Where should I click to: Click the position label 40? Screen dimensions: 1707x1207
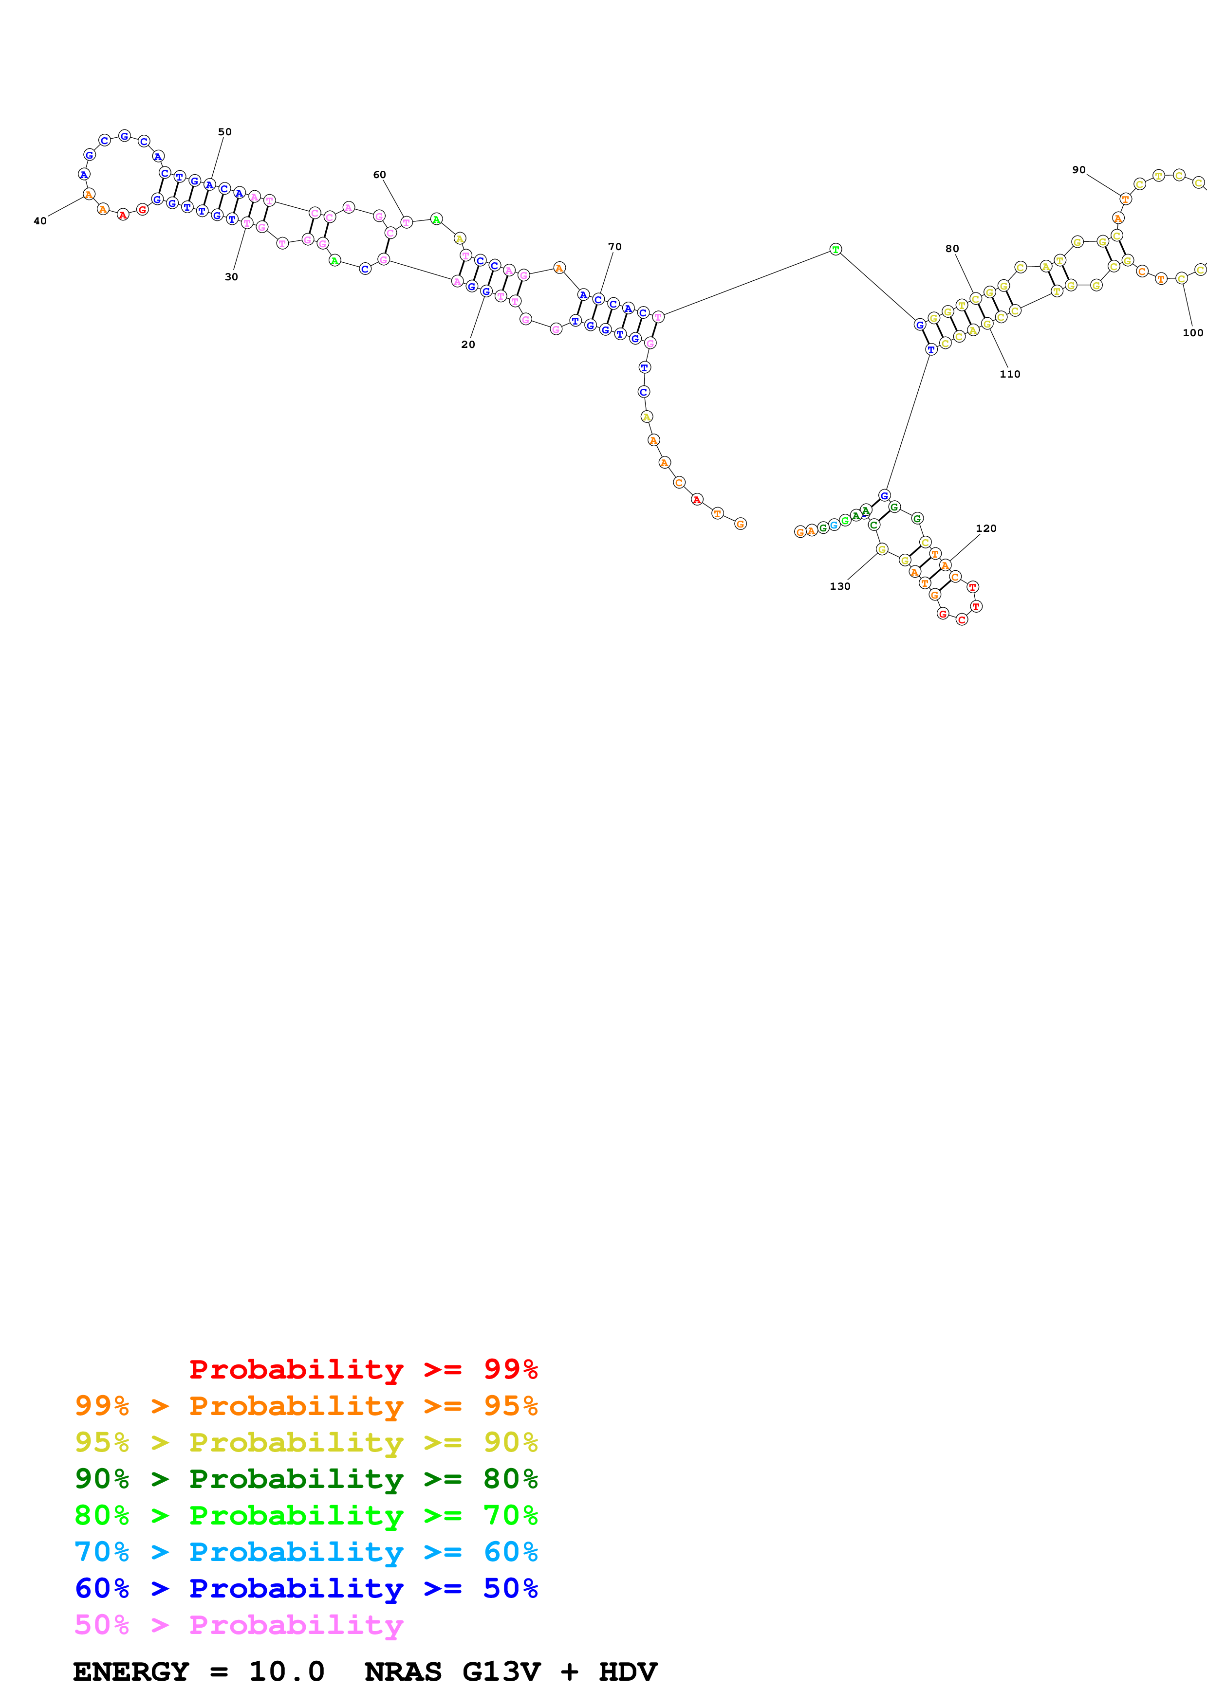40,221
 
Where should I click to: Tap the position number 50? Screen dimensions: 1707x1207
224,131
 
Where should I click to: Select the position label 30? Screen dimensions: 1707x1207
231,276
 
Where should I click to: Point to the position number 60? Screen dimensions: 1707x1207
379,175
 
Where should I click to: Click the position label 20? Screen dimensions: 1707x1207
468,344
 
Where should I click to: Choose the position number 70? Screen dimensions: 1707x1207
614,247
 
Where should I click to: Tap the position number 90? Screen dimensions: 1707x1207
1078,169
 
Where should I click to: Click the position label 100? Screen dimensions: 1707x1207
1192,332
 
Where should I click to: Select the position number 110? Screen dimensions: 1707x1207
1009,374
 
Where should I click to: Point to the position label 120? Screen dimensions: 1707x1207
985,528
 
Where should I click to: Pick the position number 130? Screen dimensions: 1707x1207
839,586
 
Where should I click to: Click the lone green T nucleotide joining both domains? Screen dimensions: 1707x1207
835,250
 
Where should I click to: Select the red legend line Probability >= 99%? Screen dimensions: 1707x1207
363,1369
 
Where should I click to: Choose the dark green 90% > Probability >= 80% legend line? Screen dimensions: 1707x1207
306,1479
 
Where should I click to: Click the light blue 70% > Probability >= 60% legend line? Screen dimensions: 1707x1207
306,1552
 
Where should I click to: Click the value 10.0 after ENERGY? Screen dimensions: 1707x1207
286,1672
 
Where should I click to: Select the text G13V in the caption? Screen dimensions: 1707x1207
501,1672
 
